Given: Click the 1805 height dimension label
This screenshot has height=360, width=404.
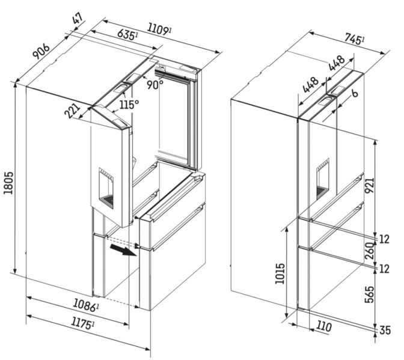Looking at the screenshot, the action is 9,182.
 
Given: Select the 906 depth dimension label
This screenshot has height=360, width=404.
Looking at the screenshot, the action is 41,51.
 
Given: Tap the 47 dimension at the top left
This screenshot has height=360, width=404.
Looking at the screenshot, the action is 78,19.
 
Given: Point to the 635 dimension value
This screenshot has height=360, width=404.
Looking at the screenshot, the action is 127,34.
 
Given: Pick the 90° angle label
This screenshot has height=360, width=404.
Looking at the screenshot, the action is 155,85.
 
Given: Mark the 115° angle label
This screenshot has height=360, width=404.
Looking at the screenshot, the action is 129,105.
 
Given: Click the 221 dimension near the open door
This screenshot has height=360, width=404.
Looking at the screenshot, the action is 72,111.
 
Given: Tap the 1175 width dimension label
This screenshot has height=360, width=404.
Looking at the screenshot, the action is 82,323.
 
